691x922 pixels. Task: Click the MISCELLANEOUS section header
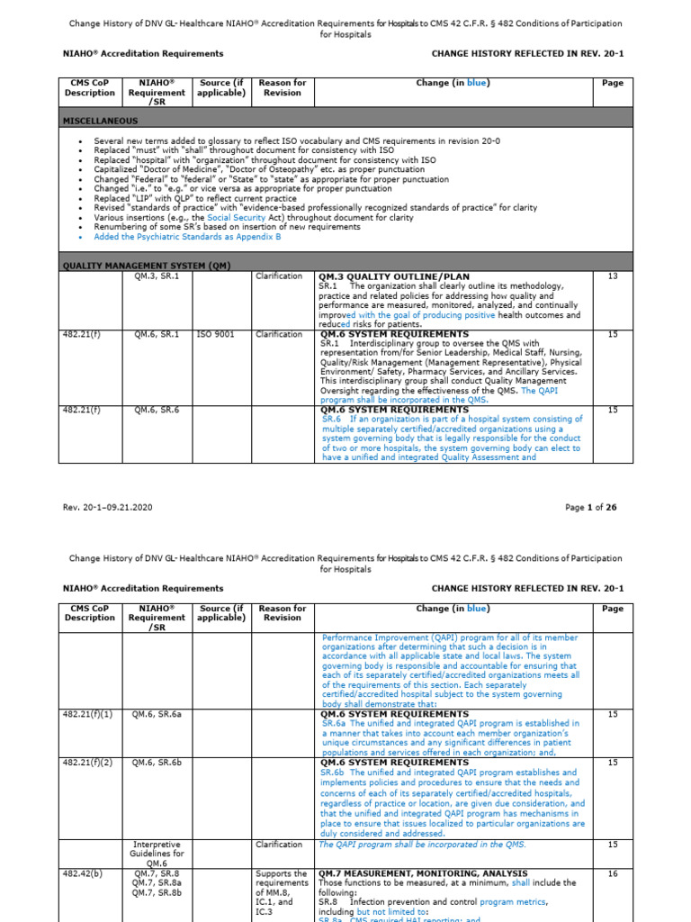100,120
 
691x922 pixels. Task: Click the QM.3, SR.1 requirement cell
157,276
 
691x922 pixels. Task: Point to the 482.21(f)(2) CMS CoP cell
88,763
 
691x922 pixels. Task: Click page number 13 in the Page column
613,276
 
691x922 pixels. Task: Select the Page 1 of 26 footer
590,507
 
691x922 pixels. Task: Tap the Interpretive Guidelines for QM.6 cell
157,854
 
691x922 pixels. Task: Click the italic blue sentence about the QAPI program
423,845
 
